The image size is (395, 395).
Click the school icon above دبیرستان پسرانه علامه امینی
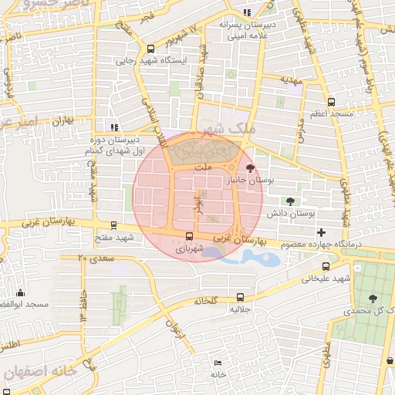(x=247, y=12)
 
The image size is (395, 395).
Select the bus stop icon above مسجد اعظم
(x=332, y=101)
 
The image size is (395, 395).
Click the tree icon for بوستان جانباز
(x=249, y=167)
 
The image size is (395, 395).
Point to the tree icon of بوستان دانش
(x=290, y=201)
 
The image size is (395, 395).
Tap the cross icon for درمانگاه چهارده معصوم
(x=322, y=232)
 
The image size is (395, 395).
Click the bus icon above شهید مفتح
(x=114, y=227)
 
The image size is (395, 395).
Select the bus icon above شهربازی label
(x=188, y=237)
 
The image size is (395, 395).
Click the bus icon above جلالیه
(x=240, y=296)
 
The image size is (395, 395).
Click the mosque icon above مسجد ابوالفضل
(x=20, y=293)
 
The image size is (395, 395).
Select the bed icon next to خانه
(x=218, y=363)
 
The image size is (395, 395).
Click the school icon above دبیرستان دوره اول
(x=114, y=127)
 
